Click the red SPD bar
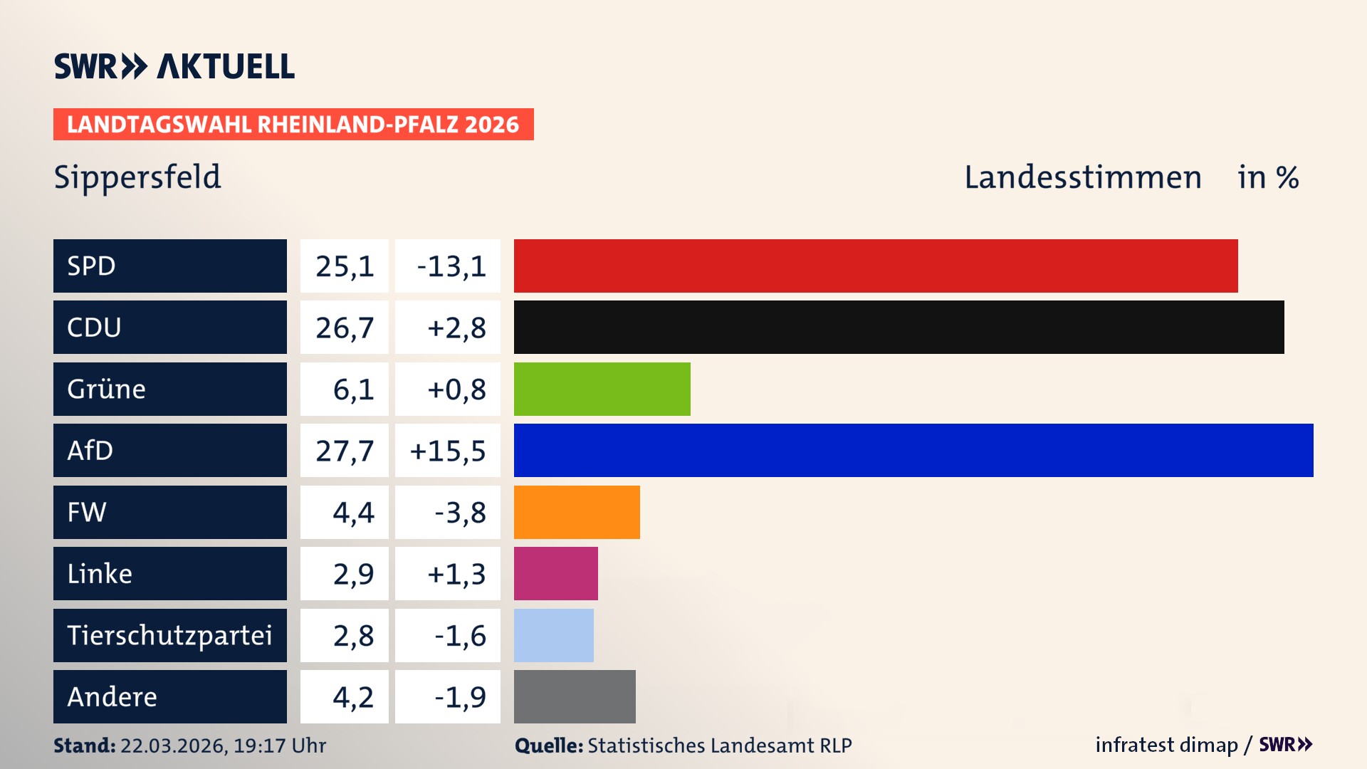coord(876,266)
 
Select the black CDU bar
coord(899,328)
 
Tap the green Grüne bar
coord(602,389)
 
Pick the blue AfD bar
coord(913,450)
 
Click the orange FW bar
coord(577,512)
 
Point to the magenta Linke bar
coord(555,573)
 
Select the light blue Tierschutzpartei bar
coord(553,635)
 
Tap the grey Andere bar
coord(575,696)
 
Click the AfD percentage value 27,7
coord(345,451)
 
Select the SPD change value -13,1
coord(451,266)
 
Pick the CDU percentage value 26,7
coord(345,328)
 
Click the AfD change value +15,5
coord(448,451)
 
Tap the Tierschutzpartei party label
coord(169,635)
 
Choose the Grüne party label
coord(107,389)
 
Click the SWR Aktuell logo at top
coord(174,66)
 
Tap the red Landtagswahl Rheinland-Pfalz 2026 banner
coord(293,125)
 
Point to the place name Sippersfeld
coord(137,177)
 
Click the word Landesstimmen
coord(1082,177)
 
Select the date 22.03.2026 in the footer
coord(173,746)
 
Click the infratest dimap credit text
coord(1166,745)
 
